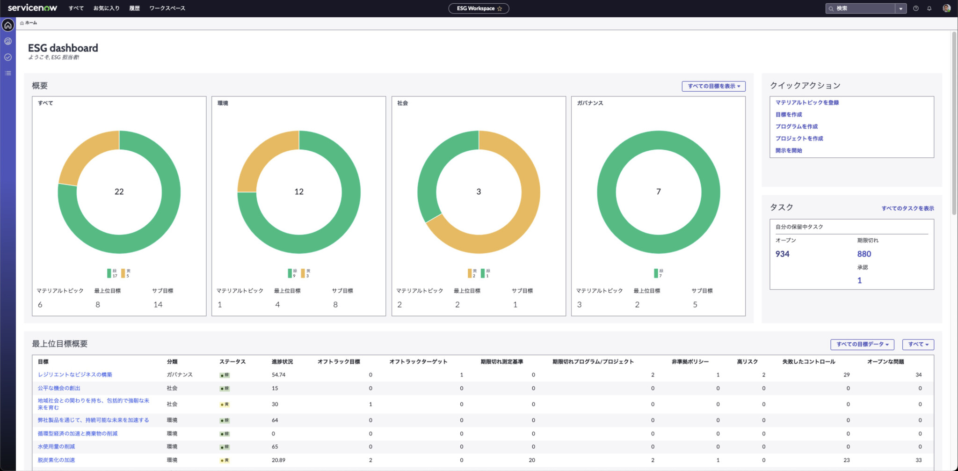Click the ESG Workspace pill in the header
coord(478,8)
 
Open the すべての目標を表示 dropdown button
coord(713,86)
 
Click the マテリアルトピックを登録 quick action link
coord(807,103)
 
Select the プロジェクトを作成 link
coord(799,139)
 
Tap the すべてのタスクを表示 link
coord(907,208)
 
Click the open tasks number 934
coord(782,254)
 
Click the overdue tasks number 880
coord(864,254)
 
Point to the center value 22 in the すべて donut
coord(119,191)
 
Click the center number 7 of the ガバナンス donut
coord(658,191)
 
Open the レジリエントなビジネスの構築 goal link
coord(75,375)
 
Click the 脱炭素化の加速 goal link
coord(56,460)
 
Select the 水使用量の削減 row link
coord(56,447)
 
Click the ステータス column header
coord(232,361)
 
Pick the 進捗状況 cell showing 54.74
coord(278,375)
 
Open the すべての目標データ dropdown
coord(862,344)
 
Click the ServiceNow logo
coord(32,8)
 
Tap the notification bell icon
coord(929,8)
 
